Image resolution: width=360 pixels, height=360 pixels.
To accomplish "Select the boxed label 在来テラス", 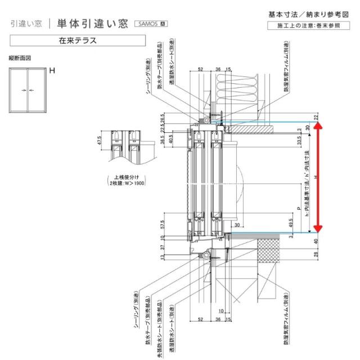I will pyautogui.click(x=77, y=40).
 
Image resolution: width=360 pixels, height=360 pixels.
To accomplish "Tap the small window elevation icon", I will pyautogui.click(x=26, y=89).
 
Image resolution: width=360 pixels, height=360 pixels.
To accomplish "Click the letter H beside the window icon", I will pyautogui.click(x=52, y=71).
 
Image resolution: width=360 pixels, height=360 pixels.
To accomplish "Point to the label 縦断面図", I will pyautogui.click(x=19, y=58).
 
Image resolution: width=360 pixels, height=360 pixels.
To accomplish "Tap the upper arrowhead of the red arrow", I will pyautogui.click(x=318, y=127).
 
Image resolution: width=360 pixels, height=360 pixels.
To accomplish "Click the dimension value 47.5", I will pyautogui.click(x=100, y=141).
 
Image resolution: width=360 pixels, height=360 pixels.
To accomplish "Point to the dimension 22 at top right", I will pyautogui.click(x=317, y=116).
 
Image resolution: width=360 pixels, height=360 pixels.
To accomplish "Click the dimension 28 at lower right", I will pyautogui.click(x=317, y=255).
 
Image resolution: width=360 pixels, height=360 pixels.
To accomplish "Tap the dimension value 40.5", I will pyautogui.click(x=170, y=140).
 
